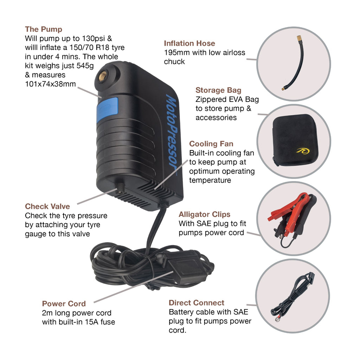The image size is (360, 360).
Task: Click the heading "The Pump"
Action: coord(44,30)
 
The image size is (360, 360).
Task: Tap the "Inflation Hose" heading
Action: coord(189,43)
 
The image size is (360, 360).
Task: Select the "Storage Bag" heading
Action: coord(218,90)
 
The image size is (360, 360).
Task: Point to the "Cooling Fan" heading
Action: coord(211,144)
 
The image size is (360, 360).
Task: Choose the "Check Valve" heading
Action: coord(47,206)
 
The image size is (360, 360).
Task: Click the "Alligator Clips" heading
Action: coord(204,214)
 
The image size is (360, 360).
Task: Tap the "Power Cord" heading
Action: coord(64,304)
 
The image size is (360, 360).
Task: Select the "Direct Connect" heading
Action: coord(196,303)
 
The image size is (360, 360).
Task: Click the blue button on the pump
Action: coord(107,110)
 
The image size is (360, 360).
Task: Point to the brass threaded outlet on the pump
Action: coord(103,76)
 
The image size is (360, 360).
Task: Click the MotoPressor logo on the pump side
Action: coord(172,133)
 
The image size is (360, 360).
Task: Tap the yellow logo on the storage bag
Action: coord(303,151)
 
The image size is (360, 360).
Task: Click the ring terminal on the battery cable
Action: coord(277,319)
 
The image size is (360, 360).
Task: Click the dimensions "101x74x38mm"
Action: coord(50,84)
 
